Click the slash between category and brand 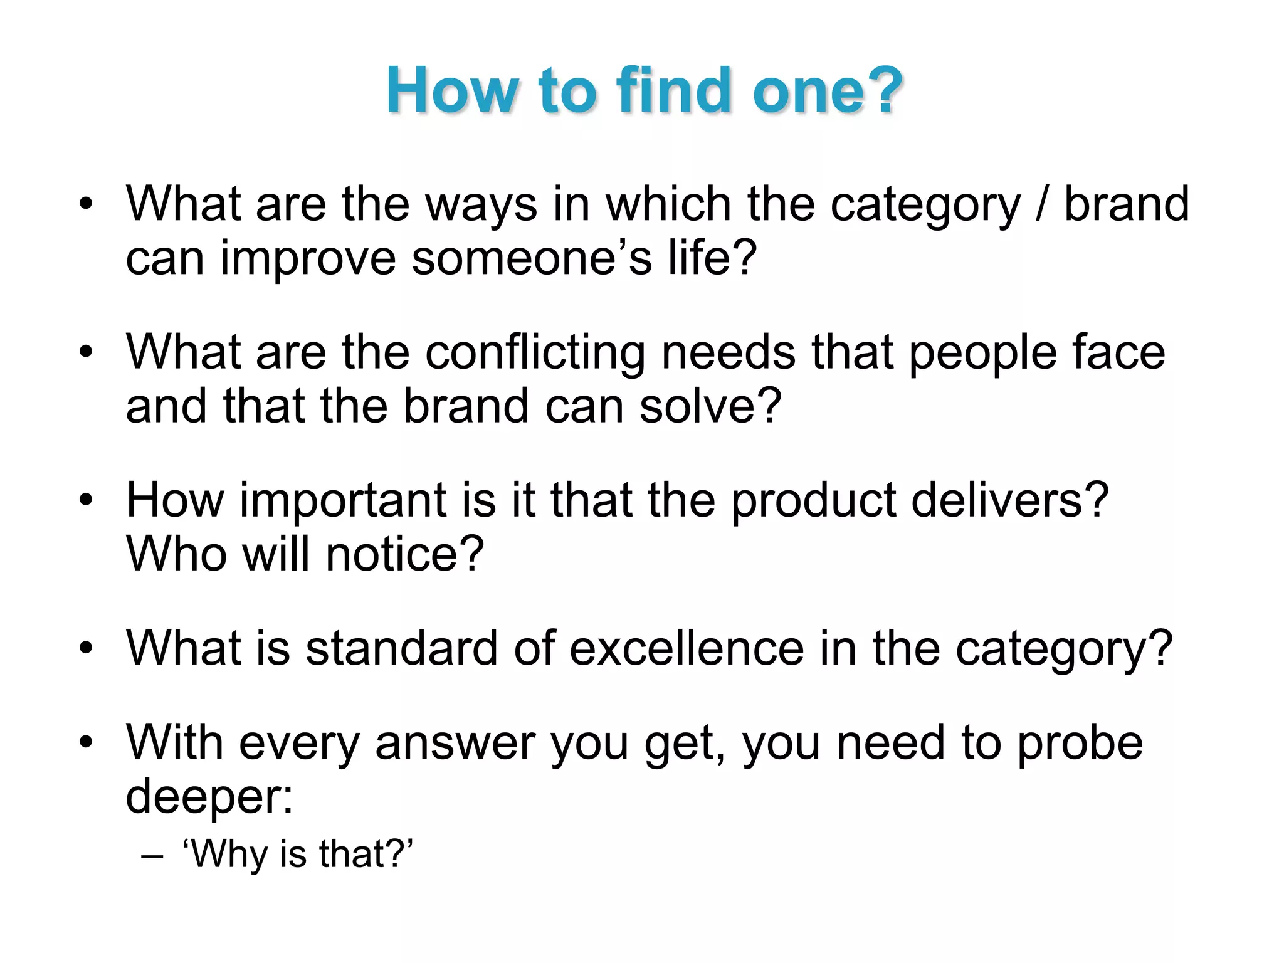click(1042, 204)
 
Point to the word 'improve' click(308, 258)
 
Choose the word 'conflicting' click(535, 352)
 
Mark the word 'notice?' click(405, 554)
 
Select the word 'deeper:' click(209, 796)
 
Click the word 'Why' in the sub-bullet click(226, 855)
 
